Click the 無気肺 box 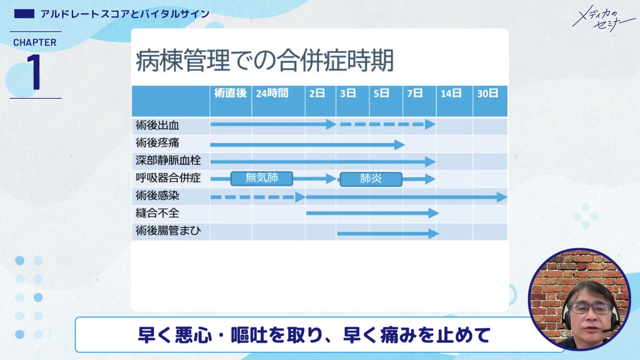262,178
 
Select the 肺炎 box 371,179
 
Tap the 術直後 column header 230,93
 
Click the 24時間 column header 272,93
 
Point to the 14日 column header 451,93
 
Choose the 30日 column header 487,93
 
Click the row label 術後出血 157,126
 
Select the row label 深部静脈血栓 168,161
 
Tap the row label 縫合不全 157,213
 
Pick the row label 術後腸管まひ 168,231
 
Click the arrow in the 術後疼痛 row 307,145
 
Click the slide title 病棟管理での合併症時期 265,61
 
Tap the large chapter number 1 34,72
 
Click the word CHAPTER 35,43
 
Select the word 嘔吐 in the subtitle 249,335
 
